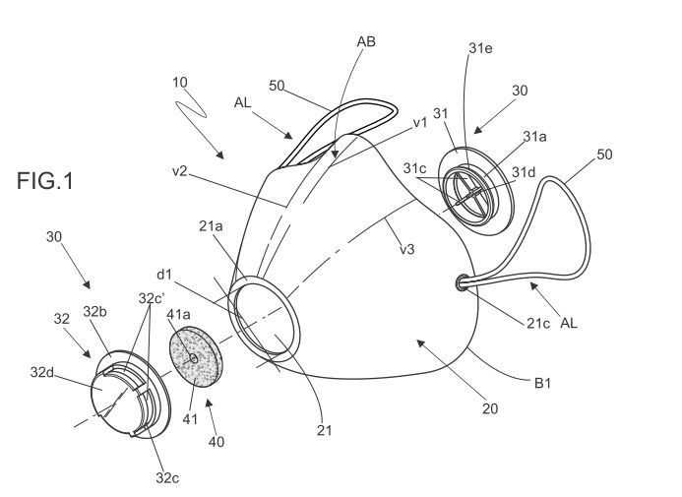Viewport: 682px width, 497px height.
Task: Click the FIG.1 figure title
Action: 45,180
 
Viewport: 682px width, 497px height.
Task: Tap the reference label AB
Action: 366,41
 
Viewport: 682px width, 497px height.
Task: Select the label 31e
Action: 480,48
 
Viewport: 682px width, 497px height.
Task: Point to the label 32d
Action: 41,372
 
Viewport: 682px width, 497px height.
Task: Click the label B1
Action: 542,383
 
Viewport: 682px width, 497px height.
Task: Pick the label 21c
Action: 538,323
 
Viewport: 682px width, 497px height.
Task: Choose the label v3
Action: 407,249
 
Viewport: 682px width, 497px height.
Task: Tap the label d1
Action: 164,275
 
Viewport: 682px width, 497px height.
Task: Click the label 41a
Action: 178,314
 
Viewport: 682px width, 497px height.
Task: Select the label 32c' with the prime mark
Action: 152,298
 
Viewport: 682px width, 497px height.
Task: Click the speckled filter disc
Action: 195,355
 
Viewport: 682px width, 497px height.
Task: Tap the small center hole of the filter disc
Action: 194,358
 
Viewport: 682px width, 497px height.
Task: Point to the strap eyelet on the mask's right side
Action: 462,282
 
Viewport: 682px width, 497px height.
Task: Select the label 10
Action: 180,83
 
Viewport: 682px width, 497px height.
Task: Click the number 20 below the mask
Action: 490,408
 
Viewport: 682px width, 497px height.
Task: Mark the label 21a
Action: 211,226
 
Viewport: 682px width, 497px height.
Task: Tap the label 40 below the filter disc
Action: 217,442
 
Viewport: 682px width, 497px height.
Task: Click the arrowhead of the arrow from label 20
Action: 420,343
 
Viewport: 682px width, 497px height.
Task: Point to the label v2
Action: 180,171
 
